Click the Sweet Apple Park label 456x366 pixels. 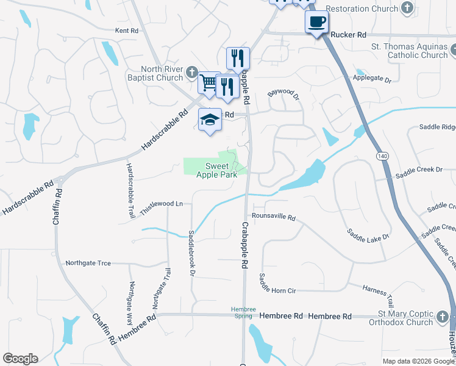point(216,171)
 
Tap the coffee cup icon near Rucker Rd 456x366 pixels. point(316,23)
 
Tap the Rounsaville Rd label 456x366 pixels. point(273,217)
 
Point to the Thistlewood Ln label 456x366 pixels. point(162,204)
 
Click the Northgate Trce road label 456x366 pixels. point(88,263)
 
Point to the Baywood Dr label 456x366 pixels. point(284,95)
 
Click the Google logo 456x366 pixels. point(20,359)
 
